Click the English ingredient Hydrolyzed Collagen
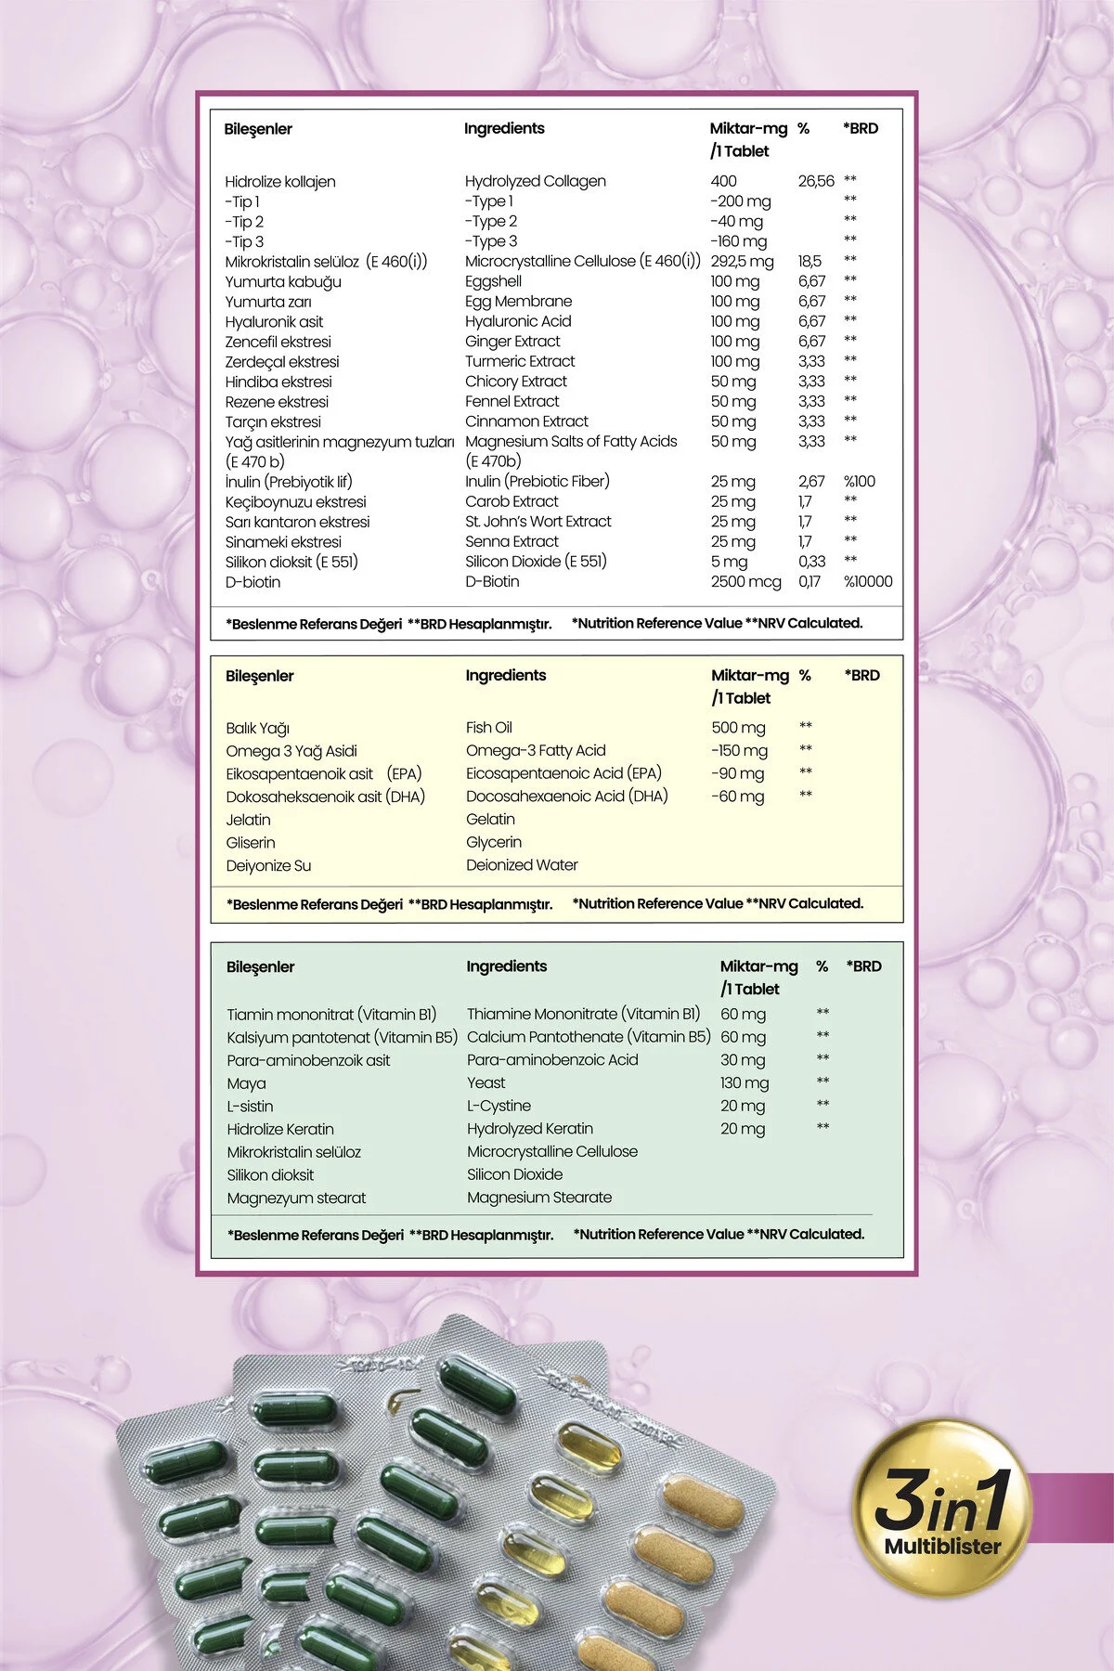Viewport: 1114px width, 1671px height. coord(535,181)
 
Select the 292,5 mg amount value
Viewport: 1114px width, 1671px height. coord(742,262)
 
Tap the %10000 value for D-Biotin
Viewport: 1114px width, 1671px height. coord(867,582)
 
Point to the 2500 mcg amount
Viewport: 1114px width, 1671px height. coord(745,582)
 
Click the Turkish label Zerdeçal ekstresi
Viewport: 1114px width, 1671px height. coord(282,362)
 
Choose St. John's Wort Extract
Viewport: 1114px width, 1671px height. coord(538,522)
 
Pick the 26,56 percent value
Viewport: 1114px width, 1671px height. coord(816,181)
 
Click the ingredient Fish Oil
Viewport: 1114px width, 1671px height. coord(488,728)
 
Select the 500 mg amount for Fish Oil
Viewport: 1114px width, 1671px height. coord(738,728)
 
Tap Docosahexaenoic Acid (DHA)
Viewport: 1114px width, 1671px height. coord(566,797)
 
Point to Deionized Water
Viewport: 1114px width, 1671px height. coord(522,865)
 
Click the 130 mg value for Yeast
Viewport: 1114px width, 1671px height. coord(745,1083)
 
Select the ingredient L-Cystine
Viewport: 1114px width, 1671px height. coord(499,1106)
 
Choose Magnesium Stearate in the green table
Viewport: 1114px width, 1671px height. coord(539,1198)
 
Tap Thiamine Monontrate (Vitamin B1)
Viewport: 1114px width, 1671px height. coord(583,1015)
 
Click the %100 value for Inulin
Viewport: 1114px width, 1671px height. coord(859,482)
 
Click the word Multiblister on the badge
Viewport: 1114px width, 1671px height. coord(942,1547)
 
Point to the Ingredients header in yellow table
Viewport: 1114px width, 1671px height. coord(506,676)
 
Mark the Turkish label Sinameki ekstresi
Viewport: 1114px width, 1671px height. coord(283,542)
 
